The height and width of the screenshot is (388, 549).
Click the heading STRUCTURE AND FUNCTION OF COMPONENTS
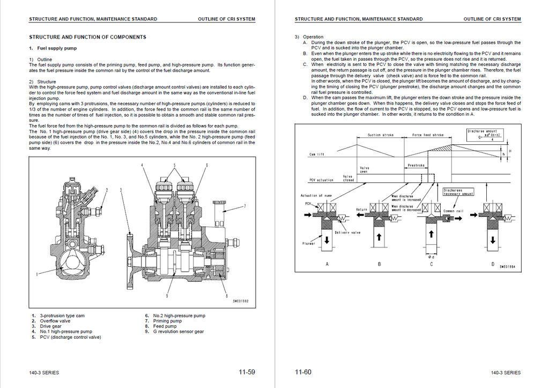pyautogui.click(x=87, y=37)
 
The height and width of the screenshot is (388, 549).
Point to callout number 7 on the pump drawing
pyautogui.click(x=244, y=206)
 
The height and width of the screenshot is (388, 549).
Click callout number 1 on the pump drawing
pyautogui.click(x=37, y=274)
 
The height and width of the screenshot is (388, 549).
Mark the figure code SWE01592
pyautogui.click(x=241, y=301)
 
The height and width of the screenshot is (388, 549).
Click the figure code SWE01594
pyautogui.click(x=507, y=267)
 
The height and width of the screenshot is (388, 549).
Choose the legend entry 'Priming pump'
pyautogui.click(x=167, y=321)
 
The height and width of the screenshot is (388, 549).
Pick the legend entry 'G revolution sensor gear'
pyautogui.click(x=178, y=332)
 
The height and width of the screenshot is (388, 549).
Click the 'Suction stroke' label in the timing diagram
pyautogui.click(x=381, y=135)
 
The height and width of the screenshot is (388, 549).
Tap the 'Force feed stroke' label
pyautogui.click(x=428, y=135)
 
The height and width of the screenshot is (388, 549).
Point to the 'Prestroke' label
pyautogui.click(x=417, y=166)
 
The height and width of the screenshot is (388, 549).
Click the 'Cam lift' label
pyautogui.click(x=316, y=155)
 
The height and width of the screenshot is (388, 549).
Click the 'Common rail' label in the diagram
pyautogui.click(x=453, y=211)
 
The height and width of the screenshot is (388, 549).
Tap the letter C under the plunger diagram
pyautogui.click(x=432, y=265)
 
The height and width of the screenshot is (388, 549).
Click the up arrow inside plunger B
pyautogui.click(x=379, y=237)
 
